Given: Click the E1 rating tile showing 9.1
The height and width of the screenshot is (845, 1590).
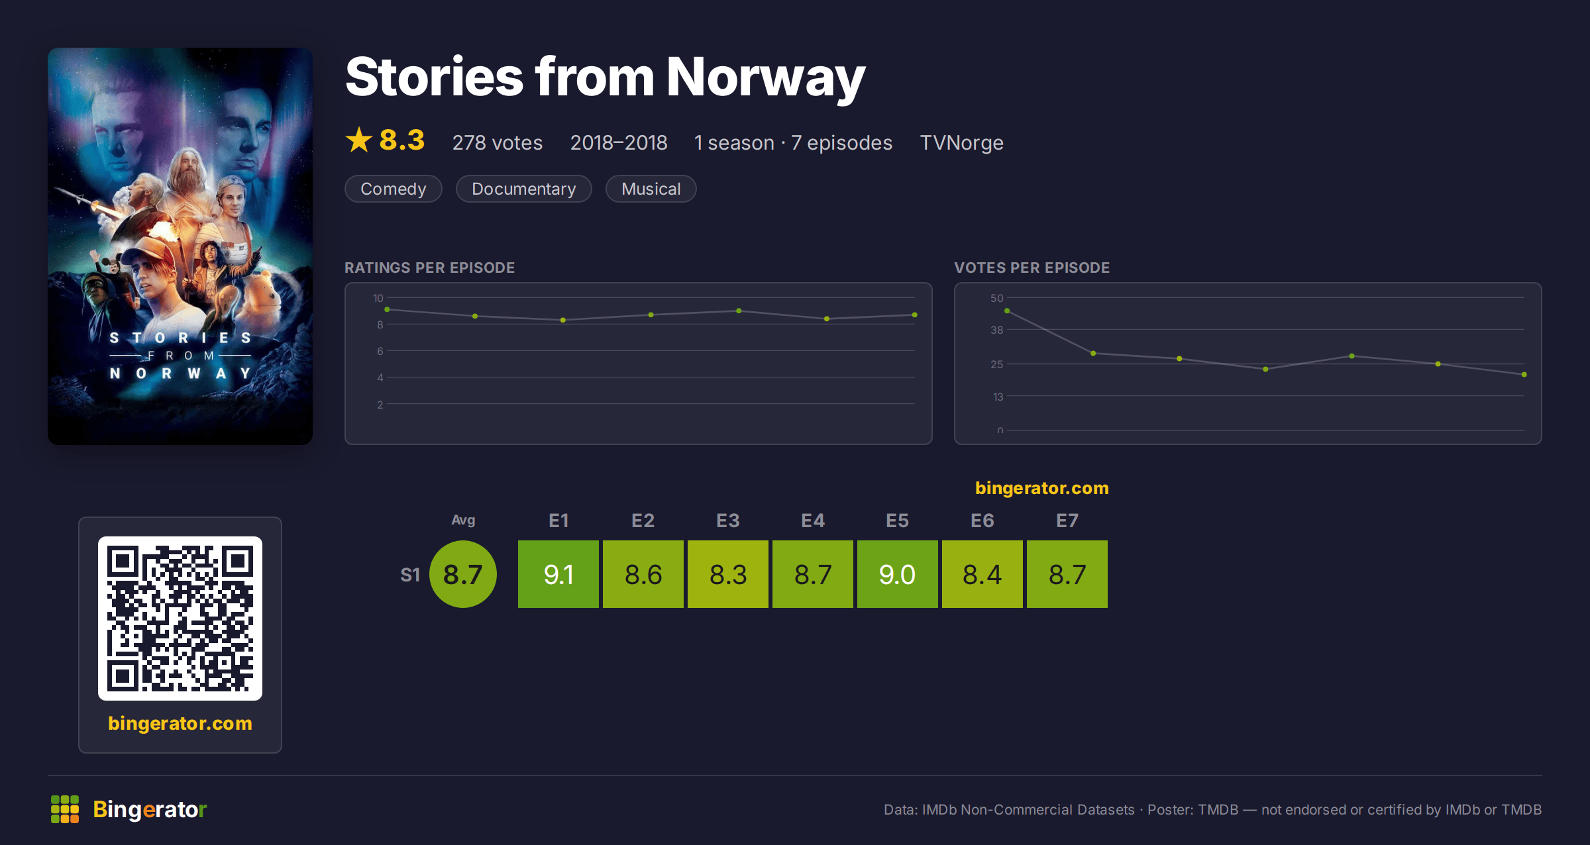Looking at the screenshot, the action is click(x=558, y=574).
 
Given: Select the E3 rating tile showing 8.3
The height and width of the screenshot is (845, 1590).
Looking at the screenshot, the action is click(x=728, y=574).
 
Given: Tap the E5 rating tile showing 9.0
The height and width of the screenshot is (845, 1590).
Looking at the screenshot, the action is click(x=898, y=574).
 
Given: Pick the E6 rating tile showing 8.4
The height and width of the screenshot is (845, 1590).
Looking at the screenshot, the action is click(x=982, y=574).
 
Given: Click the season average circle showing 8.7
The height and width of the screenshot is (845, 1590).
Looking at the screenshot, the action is click(x=463, y=574).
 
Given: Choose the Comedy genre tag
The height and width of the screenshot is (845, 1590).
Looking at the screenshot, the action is click(x=394, y=189).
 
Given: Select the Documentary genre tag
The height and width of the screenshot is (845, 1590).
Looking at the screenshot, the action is click(x=524, y=189).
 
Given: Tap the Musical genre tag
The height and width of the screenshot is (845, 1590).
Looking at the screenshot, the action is click(x=651, y=189).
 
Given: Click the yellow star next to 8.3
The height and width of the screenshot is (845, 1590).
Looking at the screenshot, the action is click(x=359, y=140).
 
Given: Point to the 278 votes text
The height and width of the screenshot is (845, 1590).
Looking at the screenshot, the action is click(x=498, y=142).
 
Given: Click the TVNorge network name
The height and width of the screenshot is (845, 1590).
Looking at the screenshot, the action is click(x=961, y=142).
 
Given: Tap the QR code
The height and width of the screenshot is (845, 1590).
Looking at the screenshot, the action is click(x=180, y=619).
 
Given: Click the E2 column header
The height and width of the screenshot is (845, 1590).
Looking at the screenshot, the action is click(x=643, y=521).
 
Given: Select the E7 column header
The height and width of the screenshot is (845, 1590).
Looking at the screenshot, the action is click(x=1067, y=521).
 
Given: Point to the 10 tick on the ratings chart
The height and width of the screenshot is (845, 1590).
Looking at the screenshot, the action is click(x=378, y=298).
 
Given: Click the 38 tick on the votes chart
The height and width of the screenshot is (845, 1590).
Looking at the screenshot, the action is click(x=997, y=330).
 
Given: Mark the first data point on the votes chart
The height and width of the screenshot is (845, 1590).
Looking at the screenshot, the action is click(x=1007, y=311).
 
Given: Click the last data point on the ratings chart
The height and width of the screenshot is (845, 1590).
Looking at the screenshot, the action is click(x=915, y=315).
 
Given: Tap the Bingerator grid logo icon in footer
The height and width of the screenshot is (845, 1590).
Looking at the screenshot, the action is click(x=65, y=809).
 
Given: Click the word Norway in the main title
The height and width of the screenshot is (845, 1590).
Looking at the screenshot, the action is click(x=766, y=78).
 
